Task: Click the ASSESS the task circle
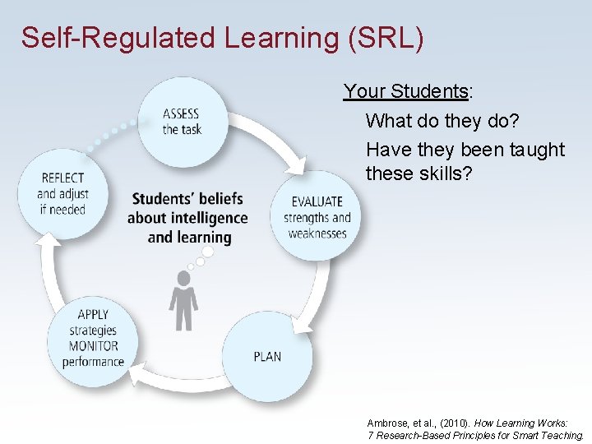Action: click(182, 123)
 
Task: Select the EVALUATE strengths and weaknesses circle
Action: click(317, 216)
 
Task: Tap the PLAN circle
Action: click(267, 356)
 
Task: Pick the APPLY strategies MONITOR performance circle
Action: click(93, 338)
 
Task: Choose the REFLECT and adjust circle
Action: click(62, 193)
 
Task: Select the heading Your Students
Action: click(405, 91)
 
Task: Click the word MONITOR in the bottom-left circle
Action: click(94, 346)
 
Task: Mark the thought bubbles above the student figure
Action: click(197, 262)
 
